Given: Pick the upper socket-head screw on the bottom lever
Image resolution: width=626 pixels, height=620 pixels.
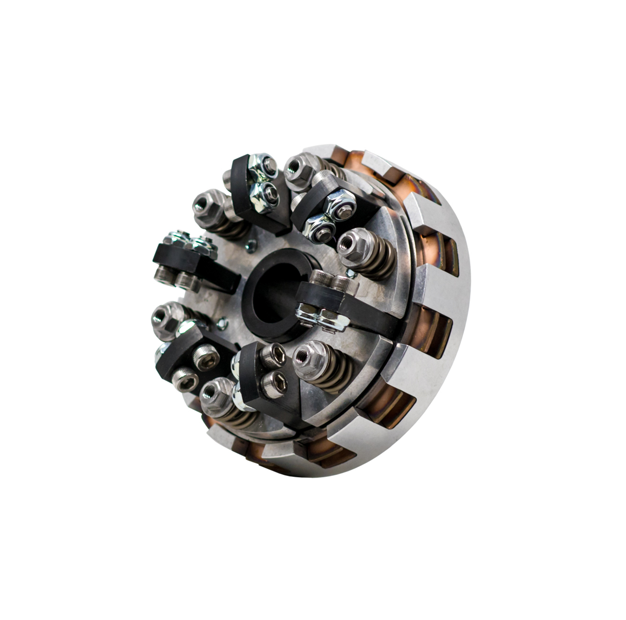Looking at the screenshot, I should (x=272, y=356).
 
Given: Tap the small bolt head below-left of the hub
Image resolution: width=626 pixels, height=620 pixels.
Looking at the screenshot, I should (x=222, y=324).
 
